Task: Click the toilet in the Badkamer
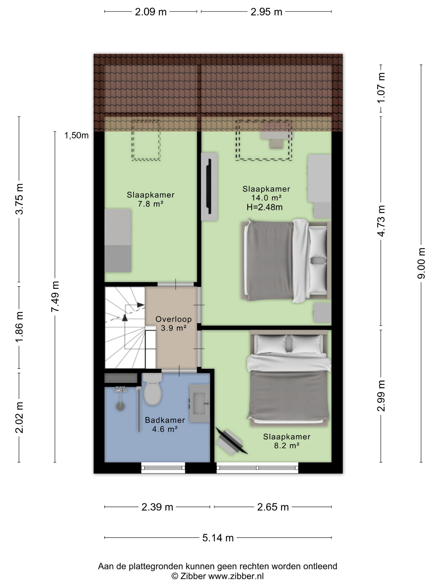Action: (152, 389)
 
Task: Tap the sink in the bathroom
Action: (199, 403)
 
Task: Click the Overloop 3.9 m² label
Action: (173, 323)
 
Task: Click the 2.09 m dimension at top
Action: (151, 12)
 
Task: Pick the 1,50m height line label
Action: (76, 135)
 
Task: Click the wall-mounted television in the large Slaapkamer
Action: (209, 186)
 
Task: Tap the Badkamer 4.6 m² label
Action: (165, 424)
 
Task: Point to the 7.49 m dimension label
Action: (55, 296)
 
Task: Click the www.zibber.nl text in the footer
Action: (236, 576)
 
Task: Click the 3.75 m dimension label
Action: (19, 199)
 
